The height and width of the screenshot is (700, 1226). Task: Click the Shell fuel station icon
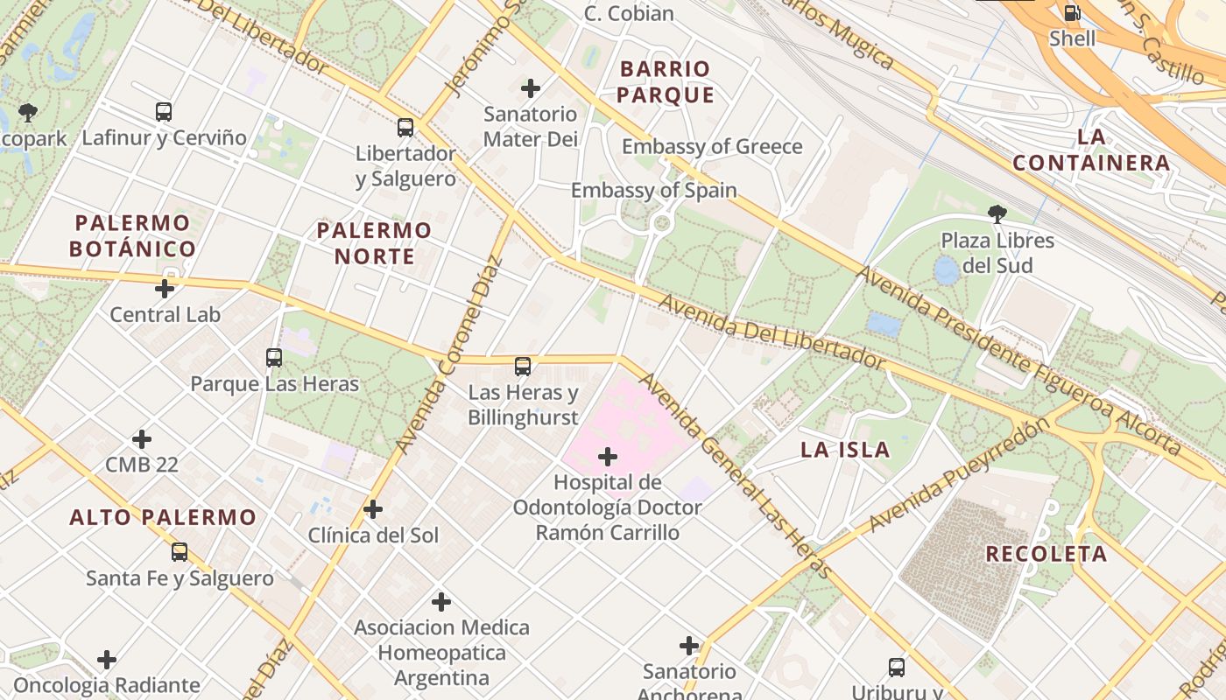point(1072,13)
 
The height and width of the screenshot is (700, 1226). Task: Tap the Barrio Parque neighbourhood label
point(666,81)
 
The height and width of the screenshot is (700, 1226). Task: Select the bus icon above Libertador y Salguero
point(405,128)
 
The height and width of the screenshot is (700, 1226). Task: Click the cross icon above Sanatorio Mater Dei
point(531,88)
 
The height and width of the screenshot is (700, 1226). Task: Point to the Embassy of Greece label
point(712,146)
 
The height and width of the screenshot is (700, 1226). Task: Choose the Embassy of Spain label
point(654,190)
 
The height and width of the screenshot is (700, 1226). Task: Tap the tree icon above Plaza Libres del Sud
point(997,213)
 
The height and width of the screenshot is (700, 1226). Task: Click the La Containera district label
point(1091,150)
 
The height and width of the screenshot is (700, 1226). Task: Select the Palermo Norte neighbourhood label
point(374,243)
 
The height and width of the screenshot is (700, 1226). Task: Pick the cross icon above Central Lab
point(165,289)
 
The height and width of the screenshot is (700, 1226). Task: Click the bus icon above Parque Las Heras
point(274,358)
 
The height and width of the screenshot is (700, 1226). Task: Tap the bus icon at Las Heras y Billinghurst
point(523,367)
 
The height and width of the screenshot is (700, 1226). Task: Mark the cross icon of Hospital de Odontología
point(607,457)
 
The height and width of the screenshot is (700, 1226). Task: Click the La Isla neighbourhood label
point(845,450)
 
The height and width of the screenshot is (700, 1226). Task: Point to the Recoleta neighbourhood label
point(1046,554)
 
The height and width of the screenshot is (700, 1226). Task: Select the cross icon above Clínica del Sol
point(373,509)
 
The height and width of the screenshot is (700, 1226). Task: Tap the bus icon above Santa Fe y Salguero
point(180,552)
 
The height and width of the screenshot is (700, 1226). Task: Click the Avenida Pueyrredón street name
point(959,475)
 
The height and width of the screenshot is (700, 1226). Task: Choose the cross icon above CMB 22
point(142,439)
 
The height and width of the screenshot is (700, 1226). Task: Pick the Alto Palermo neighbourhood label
point(163,517)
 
